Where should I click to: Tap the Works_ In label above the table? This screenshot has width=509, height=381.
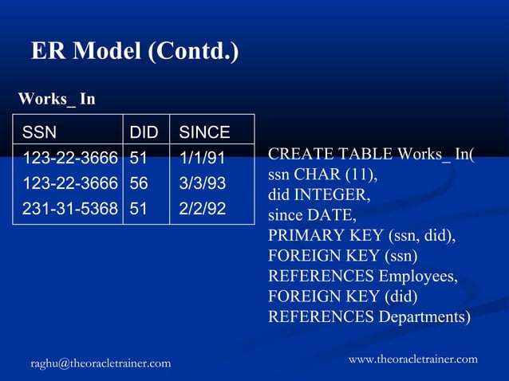pyautogui.click(x=57, y=99)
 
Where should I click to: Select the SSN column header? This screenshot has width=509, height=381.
pyautogui.click(x=40, y=132)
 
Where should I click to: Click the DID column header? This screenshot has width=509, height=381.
pyautogui.click(x=144, y=132)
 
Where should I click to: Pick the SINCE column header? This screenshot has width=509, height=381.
pyautogui.click(x=204, y=132)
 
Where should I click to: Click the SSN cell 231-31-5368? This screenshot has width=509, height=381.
pyautogui.click(x=70, y=209)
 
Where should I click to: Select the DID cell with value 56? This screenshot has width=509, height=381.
pyautogui.click(x=139, y=183)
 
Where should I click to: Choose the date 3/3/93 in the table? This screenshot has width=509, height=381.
pyautogui.click(x=202, y=183)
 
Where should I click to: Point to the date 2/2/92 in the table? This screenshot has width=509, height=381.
pyautogui.click(x=202, y=209)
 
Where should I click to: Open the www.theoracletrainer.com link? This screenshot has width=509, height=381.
pyautogui.click(x=413, y=359)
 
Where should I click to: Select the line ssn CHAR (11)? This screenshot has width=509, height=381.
pyautogui.click(x=322, y=174)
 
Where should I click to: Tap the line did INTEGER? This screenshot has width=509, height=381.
pyautogui.click(x=321, y=194)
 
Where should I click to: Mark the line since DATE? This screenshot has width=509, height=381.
pyautogui.click(x=312, y=214)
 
